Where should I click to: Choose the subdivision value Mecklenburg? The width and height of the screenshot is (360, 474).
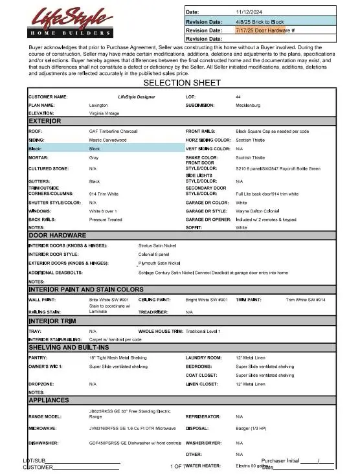click(248, 104)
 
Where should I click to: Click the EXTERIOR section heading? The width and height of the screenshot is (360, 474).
click(45, 121)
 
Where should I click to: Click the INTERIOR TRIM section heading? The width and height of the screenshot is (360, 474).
click(57, 321)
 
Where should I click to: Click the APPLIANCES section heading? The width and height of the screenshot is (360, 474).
click(49, 400)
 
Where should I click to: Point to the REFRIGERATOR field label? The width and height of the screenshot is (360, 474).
click(205, 416)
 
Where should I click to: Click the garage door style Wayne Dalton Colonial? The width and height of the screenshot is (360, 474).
click(258, 211)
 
